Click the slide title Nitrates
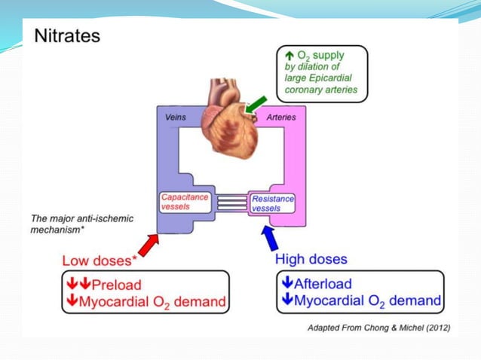(67, 35)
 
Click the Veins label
(175, 117)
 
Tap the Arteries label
(280, 117)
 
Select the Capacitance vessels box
(185, 202)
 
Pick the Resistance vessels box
(271, 203)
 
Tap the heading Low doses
(98, 261)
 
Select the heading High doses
(311, 259)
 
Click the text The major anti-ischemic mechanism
(81, 224)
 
